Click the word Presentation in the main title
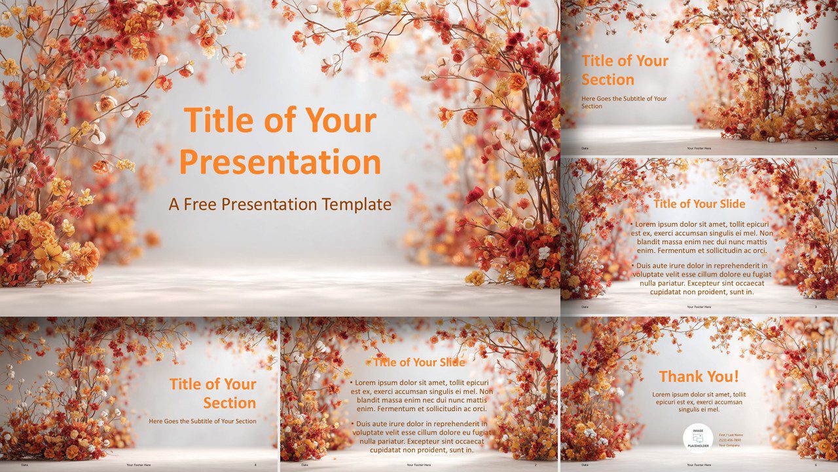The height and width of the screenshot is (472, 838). [280, 161]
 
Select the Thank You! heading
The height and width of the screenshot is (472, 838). [699, 376]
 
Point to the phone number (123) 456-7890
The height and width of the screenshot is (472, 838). [730, 440]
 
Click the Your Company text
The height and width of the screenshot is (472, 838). [729, 445]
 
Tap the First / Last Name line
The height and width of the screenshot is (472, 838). [731, 435]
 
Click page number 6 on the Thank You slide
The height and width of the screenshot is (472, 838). [816, 465]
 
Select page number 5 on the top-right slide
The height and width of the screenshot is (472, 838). [816, 148]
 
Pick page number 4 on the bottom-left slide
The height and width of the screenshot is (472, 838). [255, 465]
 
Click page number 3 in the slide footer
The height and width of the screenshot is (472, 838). [816, 307]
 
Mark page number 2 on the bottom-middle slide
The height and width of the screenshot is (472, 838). [536, 465]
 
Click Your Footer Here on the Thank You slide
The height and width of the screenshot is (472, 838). [699, 465]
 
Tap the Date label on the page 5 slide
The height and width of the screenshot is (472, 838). [585, 148]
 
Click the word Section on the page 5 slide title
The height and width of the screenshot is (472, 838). [608, 80]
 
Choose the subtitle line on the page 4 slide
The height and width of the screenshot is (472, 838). [202, 421]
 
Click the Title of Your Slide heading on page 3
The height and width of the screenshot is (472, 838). [699, 204]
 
